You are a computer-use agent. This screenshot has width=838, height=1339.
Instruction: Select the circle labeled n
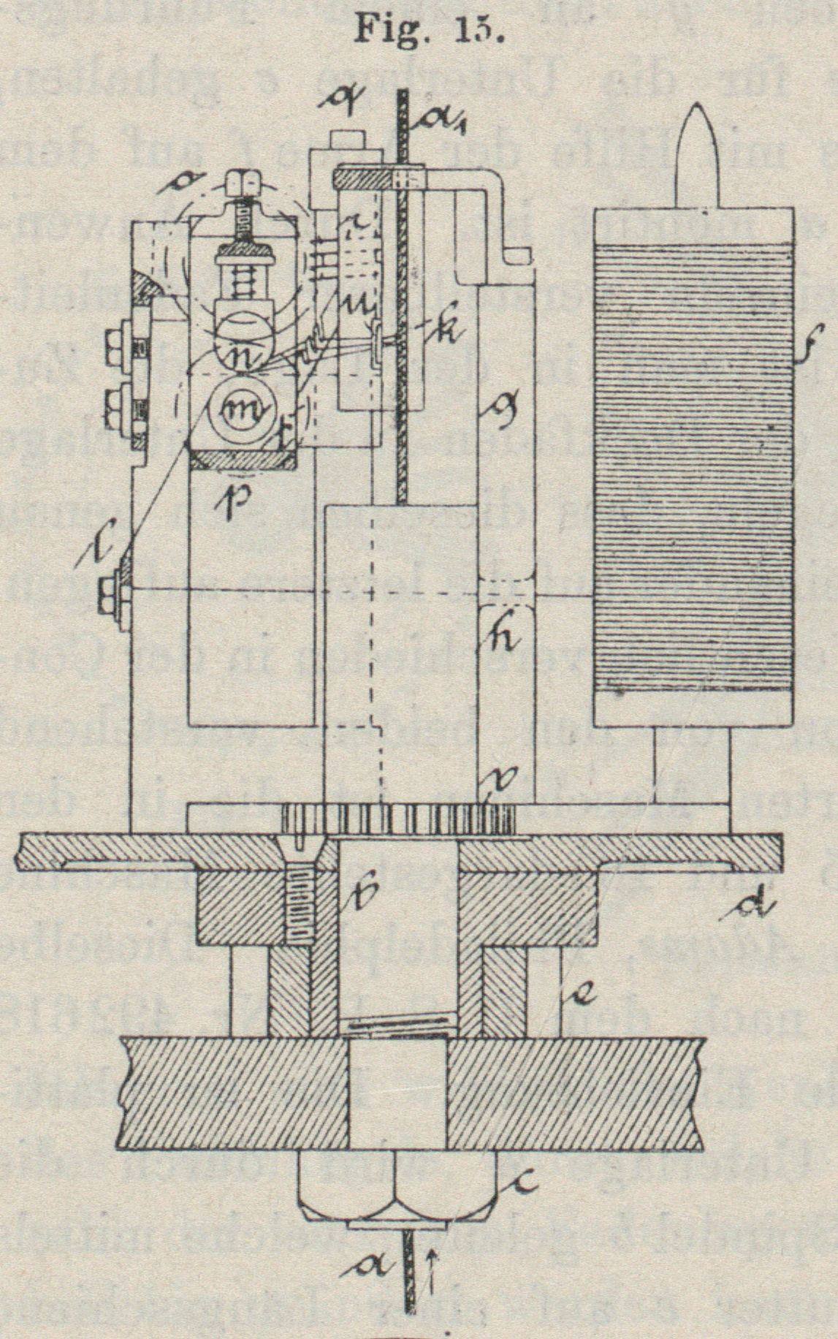(x=240, y=341)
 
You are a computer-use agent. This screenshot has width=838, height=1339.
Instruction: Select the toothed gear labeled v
(x=398, y=819)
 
